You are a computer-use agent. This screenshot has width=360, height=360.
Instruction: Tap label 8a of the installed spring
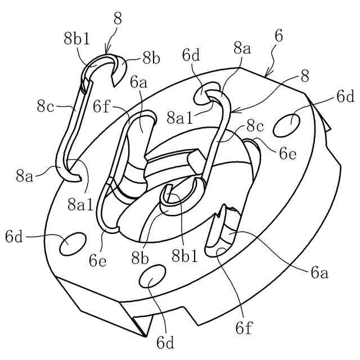click(x=242, y=49)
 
